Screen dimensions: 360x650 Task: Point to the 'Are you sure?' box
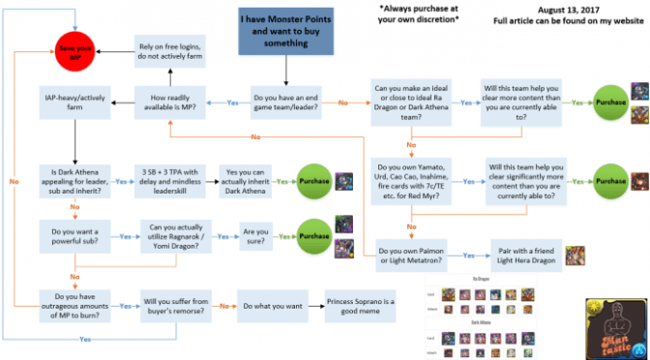click(x=256, y=236)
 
